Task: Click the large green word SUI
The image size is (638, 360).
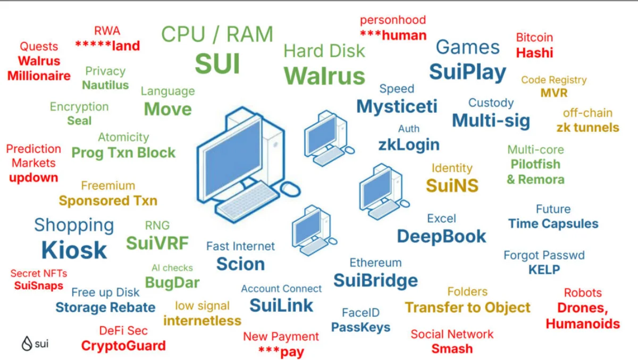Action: click(217, 63)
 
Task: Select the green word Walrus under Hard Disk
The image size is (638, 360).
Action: click(324, 76)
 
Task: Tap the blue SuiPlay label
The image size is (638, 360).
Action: click(467, 71)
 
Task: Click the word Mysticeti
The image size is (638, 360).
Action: click(397, 106)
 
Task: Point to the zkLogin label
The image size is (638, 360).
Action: click(408, 144)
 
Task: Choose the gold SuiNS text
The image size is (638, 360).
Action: click(452, 185)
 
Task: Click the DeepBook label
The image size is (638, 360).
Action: click(441, 236)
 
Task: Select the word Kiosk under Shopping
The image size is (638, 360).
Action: click(74, 250)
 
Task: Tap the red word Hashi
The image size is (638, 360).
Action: click(534, 53)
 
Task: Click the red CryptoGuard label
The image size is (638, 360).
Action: click(123, 346)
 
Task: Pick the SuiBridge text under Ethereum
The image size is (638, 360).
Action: click(375, 280)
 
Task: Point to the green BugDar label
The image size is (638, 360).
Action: click(172, 282)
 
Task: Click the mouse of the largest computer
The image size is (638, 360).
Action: click(290, 188)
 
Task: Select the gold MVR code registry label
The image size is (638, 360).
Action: click(553, 93)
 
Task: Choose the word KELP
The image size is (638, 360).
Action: click(544, 270)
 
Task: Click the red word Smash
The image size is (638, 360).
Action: click(452, 349)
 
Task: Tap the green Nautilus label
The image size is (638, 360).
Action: click(105, 85)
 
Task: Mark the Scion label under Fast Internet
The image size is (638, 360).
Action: click(240, 264)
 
